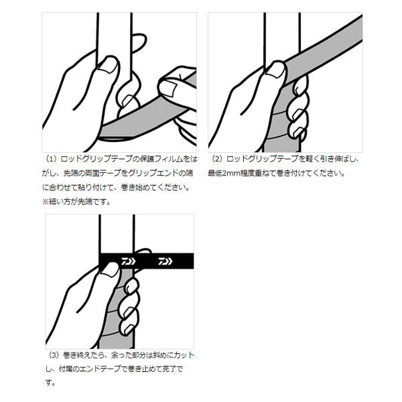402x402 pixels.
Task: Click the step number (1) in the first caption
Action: [51, 161]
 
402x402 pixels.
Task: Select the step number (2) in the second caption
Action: [216, 161]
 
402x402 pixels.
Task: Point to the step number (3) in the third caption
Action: [54, 355]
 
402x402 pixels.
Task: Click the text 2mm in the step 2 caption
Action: [236, 174]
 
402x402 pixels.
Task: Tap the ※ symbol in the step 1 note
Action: [46, 202]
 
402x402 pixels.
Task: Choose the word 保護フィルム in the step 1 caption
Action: [148, 161]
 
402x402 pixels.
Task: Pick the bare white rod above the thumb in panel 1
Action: [111, 33]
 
